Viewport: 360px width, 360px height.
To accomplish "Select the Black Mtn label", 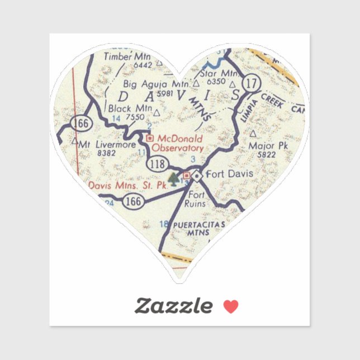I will pos(128,108).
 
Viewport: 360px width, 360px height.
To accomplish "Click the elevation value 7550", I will pos(135,117).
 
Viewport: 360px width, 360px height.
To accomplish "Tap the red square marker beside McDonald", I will pos(149,138).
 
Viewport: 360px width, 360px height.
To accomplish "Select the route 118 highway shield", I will pos(158,163).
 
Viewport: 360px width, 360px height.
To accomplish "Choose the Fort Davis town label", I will pos(230,174).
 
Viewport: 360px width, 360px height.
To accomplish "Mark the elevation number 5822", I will pos(268,155).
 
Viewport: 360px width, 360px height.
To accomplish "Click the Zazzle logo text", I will pos(174,306).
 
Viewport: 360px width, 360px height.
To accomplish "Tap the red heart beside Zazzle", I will pos(230,306).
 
